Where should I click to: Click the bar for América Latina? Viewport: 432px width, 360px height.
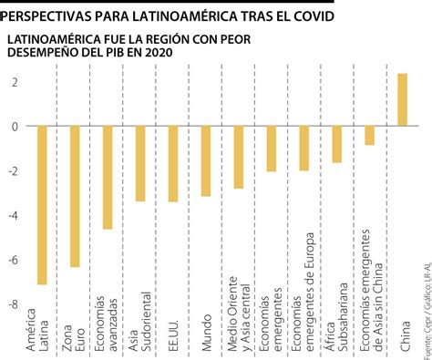42,205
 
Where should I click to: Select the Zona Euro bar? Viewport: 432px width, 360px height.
75,196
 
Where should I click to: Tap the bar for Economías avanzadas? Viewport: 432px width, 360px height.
108,177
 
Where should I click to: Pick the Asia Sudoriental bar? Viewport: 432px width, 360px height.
140,163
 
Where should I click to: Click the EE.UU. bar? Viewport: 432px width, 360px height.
173,163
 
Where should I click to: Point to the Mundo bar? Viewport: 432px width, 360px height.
206,160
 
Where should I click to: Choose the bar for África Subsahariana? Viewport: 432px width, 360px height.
336,144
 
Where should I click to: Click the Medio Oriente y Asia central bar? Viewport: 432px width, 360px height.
239,157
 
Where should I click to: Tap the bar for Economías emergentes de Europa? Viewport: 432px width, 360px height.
303,148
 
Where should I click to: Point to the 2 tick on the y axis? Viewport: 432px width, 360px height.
15,82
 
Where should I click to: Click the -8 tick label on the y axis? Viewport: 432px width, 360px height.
13,303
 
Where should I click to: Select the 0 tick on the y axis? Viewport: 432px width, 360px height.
15,127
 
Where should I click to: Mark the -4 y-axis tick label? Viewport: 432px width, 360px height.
13,215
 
